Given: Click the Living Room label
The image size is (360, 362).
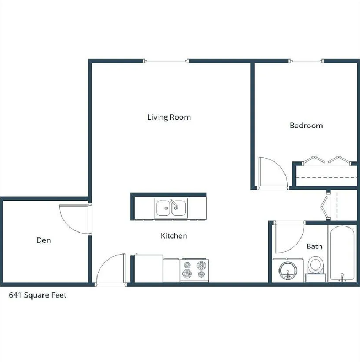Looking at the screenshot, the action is tap(169, 117).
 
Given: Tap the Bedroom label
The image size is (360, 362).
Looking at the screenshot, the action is tap(306, 126).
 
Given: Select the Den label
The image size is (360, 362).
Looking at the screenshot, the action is tap(44, 240).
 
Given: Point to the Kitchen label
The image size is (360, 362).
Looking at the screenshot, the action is tap(174, 236).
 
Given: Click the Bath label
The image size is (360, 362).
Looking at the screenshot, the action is tap(314, 246).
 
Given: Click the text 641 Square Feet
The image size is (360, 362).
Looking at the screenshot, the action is tap(37, 295).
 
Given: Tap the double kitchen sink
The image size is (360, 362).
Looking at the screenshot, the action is tap(171, 208).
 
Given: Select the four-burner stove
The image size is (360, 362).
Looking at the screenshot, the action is tap(194, 271).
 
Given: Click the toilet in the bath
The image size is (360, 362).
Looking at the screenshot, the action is tap(316, 269).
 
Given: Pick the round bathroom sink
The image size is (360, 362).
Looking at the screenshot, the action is tap(288, 271).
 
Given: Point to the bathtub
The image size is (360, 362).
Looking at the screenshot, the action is tap(342, 253).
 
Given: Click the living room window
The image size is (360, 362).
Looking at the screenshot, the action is tap(166, 61).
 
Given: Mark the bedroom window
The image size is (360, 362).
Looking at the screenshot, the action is tap(307, 61).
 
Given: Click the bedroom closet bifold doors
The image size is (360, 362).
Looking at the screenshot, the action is tap(326, 160).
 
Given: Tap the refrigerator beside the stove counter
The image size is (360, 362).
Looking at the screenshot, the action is tap(148, 268).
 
